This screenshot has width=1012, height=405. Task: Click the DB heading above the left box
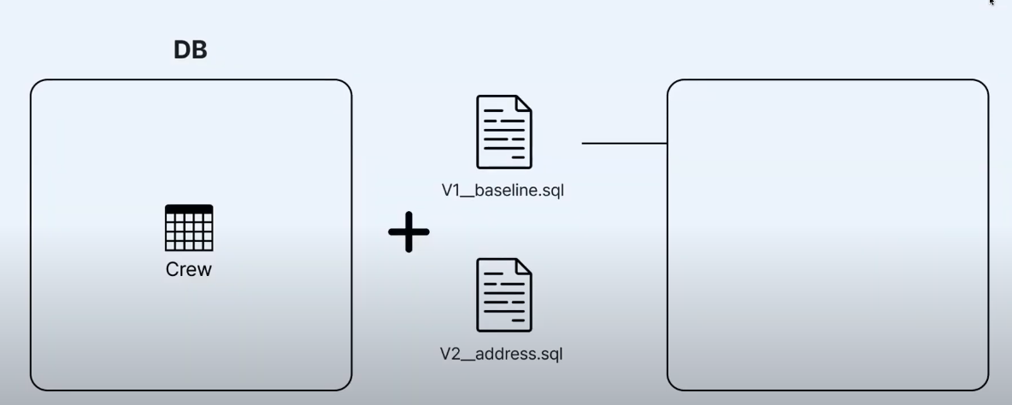pyautogui.click(x=190, y=50)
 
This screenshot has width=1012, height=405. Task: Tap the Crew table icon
pyautogui.click(x=188, y=227)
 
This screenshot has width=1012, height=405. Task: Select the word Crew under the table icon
pyautogui.click(x=188, y=270)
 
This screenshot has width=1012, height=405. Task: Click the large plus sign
pyautogui.click(x=409, y=232)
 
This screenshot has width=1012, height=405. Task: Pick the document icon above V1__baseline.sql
pyautogui.click(x=503, y=132)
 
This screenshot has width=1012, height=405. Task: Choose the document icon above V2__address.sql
pyautogui.click(x=503, y=295)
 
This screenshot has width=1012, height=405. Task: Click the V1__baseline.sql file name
pyautogui.click(x=503, y=191)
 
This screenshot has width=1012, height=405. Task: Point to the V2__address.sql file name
pyautogui.click(x=502, y=354)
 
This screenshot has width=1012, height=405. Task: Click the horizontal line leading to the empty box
pyautogui.click(x=624, y=143)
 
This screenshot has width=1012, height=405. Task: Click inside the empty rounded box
pyautogui.click(x=827, y=235)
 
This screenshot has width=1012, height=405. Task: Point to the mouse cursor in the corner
pyautogui.click(x=992, y=3)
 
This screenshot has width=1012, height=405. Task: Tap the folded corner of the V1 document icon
pyautogui.click(x=523, y=103)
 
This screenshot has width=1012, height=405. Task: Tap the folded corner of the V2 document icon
pyautogui.click(x=523, y=267)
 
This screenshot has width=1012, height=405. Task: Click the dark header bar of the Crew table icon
pyautogui.click(x=188, y=209)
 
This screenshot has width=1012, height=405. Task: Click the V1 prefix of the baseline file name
pyautogui.click(x=450, y=191)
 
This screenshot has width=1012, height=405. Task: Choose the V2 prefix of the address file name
pyautogui.click(x=450, y=354)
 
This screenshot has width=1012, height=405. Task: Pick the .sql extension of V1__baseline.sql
pyautogui.click(x=551, y=191)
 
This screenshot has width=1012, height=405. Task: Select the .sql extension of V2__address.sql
pyautogui.click(x=550, y=354)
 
